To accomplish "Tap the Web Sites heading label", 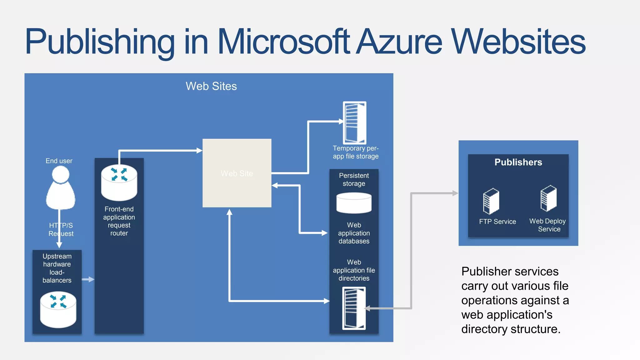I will click(211, 86).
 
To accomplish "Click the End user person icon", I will click(61, 187).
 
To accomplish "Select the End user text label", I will click(59, 161).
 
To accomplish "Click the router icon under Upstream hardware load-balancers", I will click(58, 309).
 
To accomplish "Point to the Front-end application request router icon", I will click(119, 182).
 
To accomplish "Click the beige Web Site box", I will click(237, 173).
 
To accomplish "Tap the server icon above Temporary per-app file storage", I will click(354, 122).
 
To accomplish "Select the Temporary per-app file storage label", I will click(356, 152).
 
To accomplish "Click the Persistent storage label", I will click(354, 180).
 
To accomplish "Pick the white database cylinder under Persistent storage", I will click(354, 203).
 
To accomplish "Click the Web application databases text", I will click(354, 233).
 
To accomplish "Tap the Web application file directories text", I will click(354, 270).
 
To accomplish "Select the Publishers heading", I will click(518, 162).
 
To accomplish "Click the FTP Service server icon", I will click(491, 201).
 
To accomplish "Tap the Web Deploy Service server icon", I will click(548, 198).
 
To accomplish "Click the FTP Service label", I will click(497, 222).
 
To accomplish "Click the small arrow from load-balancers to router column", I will click(88, 279).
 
